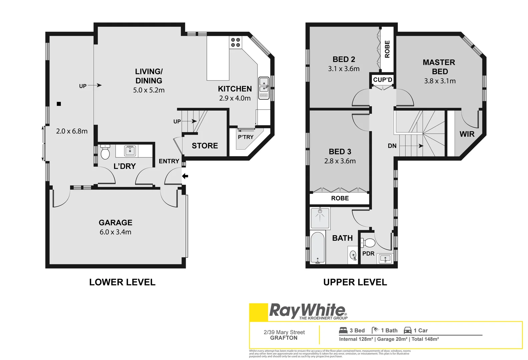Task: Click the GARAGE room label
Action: [115, 223]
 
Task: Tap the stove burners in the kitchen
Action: [235, 42]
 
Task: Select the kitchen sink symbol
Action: [264, 85]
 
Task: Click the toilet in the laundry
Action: [105, 153]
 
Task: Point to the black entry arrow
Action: [185, 176]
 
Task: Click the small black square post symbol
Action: [59, 104]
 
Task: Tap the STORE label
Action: [205, 146]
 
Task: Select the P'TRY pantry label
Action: [245, 137]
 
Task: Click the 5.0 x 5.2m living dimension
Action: [149, 90]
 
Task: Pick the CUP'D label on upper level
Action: [383, 80]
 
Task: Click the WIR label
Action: [467, 134]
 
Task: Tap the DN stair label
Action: [392, 146]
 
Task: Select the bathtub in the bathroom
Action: [318, 247]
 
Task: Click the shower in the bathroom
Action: [320, 218]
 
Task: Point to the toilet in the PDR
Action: [368, 242]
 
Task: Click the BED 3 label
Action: [340, 152]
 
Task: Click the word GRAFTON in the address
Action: [284, 338]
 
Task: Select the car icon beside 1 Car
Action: [407, 330]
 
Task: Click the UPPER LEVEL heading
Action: [355, 282]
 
